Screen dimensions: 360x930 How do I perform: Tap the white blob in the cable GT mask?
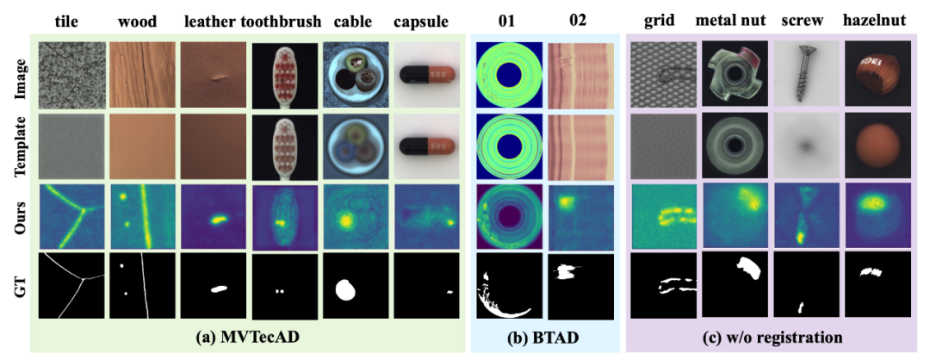click(x=349, y=289)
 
